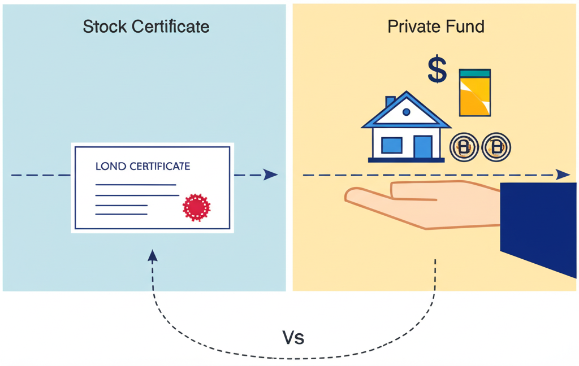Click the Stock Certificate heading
coord(146,27)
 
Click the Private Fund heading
coord(435,27)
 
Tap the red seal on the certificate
coord(196,207)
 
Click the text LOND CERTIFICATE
coord(142,167)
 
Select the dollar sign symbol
coord(437,70)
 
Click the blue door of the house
coord(422,146)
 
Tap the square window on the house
coord(391,145)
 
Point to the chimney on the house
coord(390,102)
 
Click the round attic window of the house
coord(407,112)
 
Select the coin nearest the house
coord(464,147)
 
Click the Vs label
coord(293,338)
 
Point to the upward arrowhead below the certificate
coord(153,256)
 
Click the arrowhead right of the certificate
coord(271,175)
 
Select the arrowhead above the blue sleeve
coord(563,175)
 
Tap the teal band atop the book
coord(475,73)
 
